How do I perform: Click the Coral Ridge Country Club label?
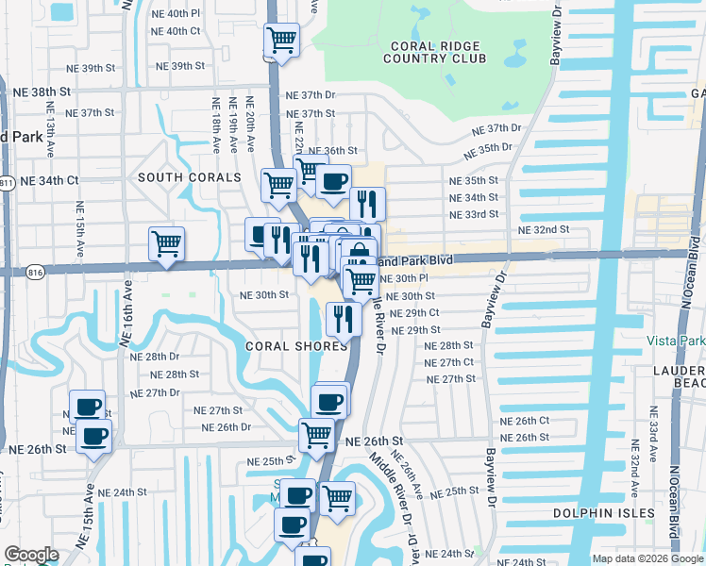[x=434, y=52]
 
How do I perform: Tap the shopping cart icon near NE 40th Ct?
[x=281, y=41]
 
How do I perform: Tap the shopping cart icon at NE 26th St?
[x=316, y=434]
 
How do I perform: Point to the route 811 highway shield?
[x=6, y=181]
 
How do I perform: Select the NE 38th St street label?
[x=42, y=92]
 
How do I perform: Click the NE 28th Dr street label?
[x=154, y=357]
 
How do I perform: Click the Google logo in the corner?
[x=31, y=556]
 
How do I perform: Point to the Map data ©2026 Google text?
[x=647, y=558]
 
